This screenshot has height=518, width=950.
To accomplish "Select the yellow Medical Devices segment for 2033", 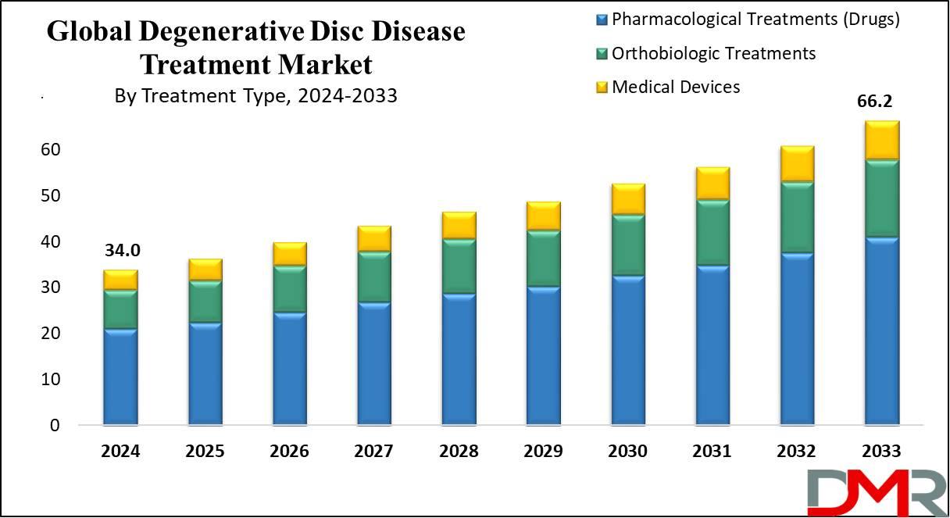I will tap(882, 141).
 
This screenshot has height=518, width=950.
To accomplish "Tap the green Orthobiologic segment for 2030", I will tap(628, 245).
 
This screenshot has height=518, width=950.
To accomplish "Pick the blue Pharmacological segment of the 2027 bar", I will tap(373, 363).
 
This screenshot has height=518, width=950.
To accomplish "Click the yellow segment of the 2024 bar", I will tap(120, 280).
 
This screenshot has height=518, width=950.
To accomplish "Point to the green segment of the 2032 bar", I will tap(797, 218).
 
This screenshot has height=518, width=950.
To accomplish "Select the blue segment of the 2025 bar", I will tap(205, 373).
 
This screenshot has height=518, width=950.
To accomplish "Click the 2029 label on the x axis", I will tap(543, 452).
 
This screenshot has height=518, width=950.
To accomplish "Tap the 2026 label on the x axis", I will tap(289, 452).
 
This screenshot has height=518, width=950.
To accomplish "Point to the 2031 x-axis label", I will tap(712, 452).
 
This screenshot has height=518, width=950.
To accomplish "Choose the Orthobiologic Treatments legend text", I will tap(713, 53).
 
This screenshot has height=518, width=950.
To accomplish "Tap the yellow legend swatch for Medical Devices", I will tap(601, 88).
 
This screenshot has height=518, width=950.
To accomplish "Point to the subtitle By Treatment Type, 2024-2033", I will tap(255, 96).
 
